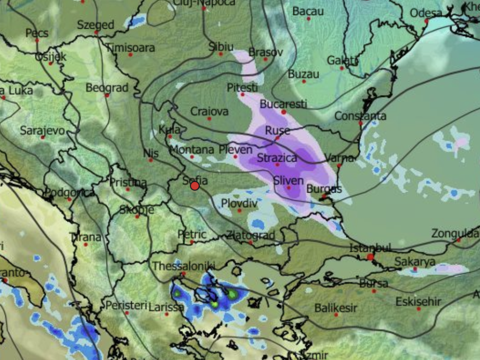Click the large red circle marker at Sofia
pyautogui.click(x=195, y=186)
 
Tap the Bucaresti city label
pyautogui.click(x=283, y=104)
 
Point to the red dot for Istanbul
pyautogui.click(x=370, y=257)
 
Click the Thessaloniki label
pyautogui.click(x=183, y=266)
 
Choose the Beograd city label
pyautogui.click(x=107, y=88)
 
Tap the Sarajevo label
pyautogui.click(x=42, y=130)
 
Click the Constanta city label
pyautogui.click(x=360, y=116)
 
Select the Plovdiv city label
pyautogui.click(x=239, y=203)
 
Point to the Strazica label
pyautogui.click(x=277, y=158)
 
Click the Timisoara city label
pyautogui.click(x=130, y=48)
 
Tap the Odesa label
pyautogui.click(x=426, y=13)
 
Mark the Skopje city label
pyautogui.click(x=136, y=210)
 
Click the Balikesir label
pyautogui.click(x=336, y=308)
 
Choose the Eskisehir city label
pyautogui.click(x=418, y=301)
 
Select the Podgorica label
pyautogui.click(x=69, y=193)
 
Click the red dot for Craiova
pyautogui.click(x=209, y=119)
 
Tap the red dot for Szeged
pyautogui.click(x=96, y=32)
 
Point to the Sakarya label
pyautogui.click(x=415, y=262)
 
